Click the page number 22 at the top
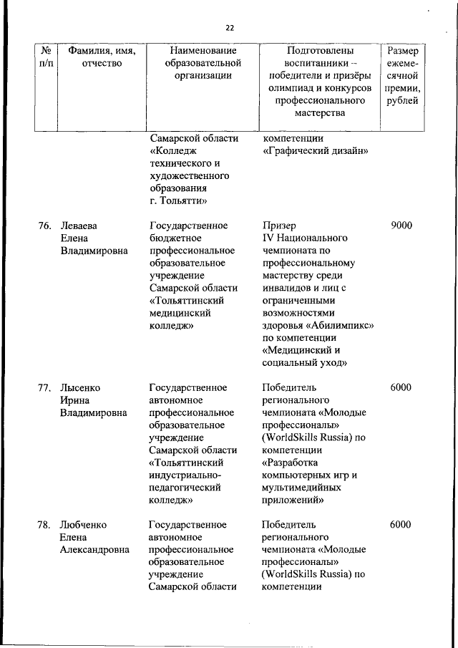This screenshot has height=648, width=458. point(229,28)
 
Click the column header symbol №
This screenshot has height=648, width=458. point(44,51)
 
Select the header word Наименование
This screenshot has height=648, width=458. point(198,51)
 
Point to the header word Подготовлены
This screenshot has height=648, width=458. point(320,51)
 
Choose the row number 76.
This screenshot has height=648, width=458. point(44,226)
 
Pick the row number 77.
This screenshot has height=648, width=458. point(44,387)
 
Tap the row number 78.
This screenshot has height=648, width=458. point(44,525)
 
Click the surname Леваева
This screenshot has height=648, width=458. point(79,226)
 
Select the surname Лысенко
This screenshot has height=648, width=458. point(80,387)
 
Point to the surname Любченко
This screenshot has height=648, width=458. point(83,525)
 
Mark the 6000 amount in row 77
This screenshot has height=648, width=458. point(401,387)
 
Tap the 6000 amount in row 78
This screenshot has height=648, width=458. point(401,525)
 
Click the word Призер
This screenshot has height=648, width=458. point(279,226)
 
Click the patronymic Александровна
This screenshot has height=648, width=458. point(94,549)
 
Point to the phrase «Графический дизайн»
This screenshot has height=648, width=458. point(316,151)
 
